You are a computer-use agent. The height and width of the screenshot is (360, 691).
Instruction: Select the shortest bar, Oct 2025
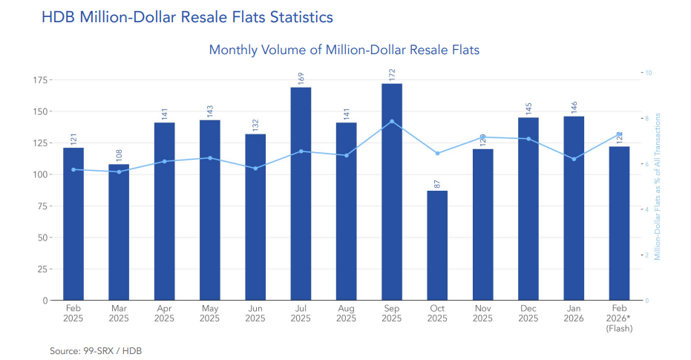[x=437, y=245]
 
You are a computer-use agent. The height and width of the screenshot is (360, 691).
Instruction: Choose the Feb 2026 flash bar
[x=619, y=223]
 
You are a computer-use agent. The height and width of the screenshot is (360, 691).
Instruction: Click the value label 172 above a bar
[x=392, y=75]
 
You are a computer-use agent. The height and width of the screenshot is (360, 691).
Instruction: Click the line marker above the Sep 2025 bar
[x=392, y=121]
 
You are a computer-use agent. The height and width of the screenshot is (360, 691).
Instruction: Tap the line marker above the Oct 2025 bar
[x=437, y=153]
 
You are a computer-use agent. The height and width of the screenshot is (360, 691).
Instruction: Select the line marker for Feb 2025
[x=73, y=169]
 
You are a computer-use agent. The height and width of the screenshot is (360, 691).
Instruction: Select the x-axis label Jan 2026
[x=574, y=312]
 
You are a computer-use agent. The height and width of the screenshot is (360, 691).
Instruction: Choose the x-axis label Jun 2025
[x=255, y=312]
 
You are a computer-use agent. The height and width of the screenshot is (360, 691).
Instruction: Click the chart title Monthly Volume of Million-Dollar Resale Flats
[x=344, y=50]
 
